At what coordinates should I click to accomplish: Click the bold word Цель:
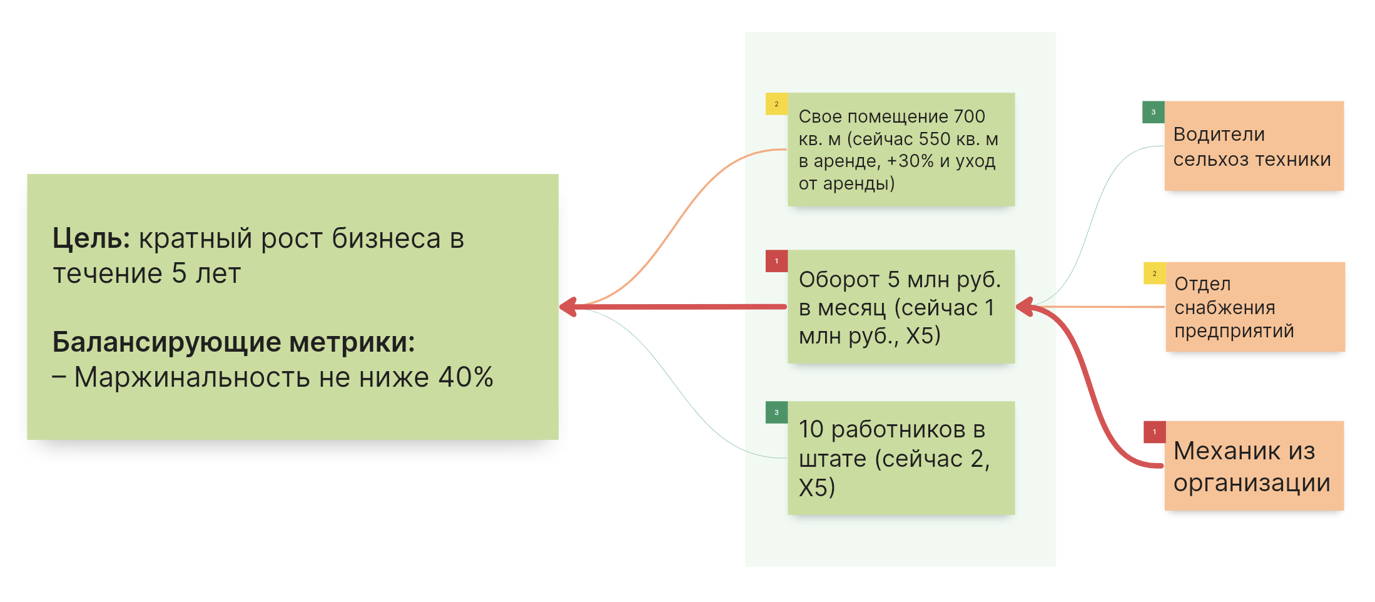click(x=91, y=238)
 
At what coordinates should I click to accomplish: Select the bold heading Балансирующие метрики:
click(x=233, y=342)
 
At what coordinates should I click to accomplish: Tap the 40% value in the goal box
click(x=465, y=377)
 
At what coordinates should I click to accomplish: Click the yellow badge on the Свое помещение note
click(x=776, y=104)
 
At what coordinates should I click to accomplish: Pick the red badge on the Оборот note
click(x=776, y=261)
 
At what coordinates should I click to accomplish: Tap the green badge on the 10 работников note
click(x=776, y=412)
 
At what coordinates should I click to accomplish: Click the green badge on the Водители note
click(x=1153, y=112)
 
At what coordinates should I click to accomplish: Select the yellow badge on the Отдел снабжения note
click(x=1154, y=273)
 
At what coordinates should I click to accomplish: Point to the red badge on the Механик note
click(x=1154, y=432)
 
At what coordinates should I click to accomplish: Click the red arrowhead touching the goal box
click(x=567, y=307)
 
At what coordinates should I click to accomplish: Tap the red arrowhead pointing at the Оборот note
click(x=1024, y=307)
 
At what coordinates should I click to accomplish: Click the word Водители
click(x=1219, y=135)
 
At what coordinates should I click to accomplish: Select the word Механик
click(x=1225, y=451)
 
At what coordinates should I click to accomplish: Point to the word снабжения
click(x=1224, y=308)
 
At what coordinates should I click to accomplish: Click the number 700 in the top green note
click(x=969, y=116)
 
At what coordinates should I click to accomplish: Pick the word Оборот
click(x=838, y=280)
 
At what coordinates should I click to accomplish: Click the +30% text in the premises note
click(x=910, y=161)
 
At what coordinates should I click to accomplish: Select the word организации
click(x=1251, y=483)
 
